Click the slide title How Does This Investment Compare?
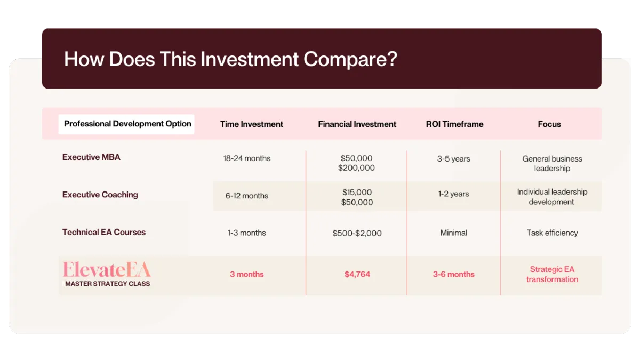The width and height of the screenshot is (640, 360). [230, 59]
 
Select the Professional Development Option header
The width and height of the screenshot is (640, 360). [127, 124]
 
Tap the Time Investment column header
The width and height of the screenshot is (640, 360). [251, 124]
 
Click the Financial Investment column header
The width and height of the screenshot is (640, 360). [357, 124]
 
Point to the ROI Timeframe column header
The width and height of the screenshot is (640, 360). [454, 124]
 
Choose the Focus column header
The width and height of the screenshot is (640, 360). [549, 124]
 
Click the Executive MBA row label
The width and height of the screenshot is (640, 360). [91, 157]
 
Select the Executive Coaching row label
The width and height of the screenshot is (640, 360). [100, 195]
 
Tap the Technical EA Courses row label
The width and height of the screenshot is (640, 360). [103, 232]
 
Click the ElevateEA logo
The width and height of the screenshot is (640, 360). [107, 269]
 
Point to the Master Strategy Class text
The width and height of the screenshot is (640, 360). [107, 284]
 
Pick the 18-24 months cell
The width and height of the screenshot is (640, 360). [247, 158]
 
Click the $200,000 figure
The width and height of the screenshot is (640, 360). [356, 167]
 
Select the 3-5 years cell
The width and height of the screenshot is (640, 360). [454, 159]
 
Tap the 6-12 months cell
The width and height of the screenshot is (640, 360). [247, 196]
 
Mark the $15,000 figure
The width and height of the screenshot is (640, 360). [357, 192]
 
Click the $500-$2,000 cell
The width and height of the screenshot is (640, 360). [357, 233]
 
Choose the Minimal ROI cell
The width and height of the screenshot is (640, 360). [454, 233]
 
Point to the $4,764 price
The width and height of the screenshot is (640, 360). [357, 274]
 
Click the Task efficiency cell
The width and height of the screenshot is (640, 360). [553, 233]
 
